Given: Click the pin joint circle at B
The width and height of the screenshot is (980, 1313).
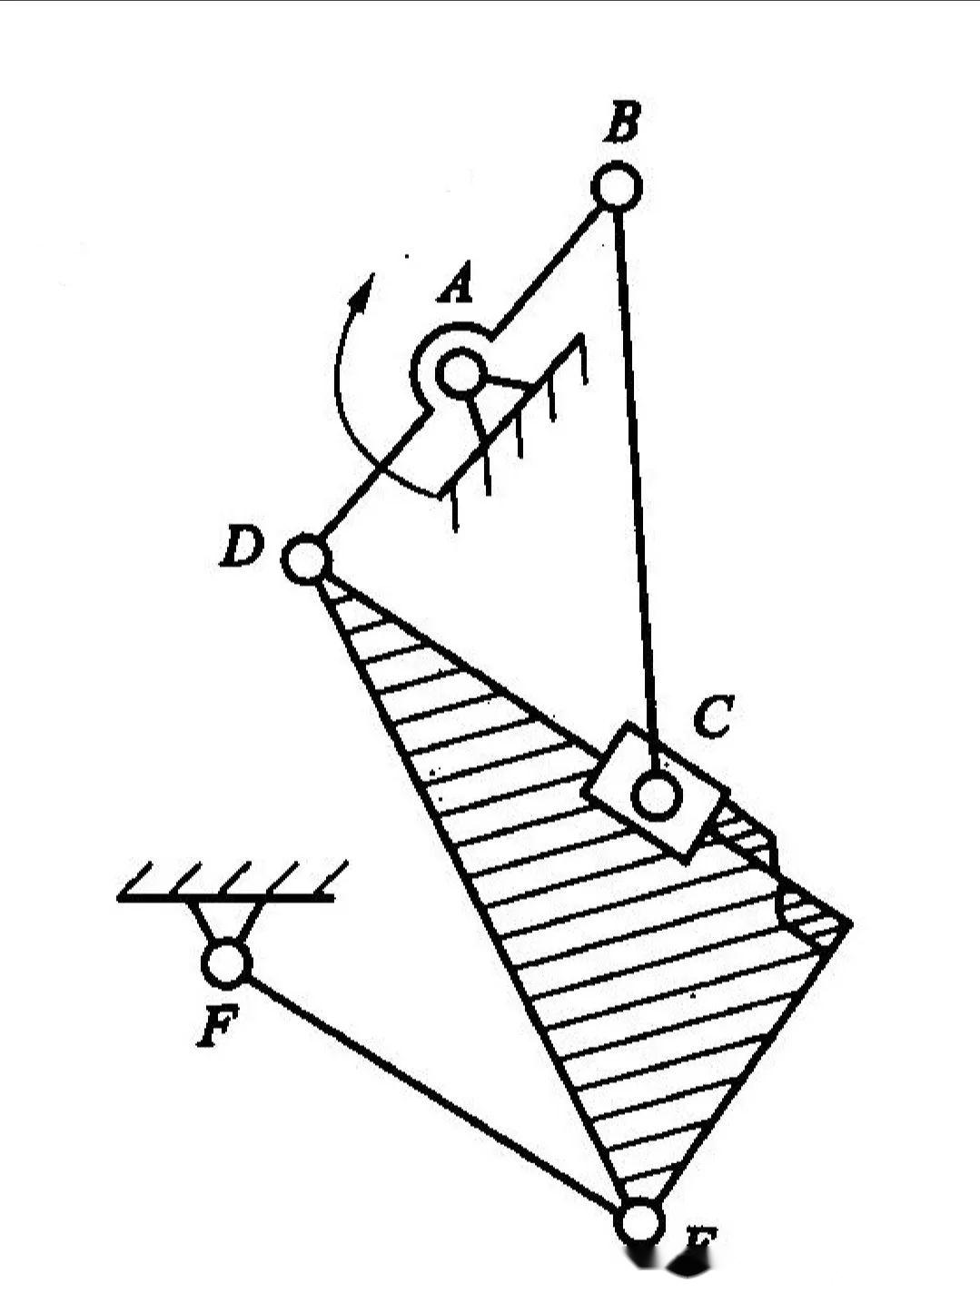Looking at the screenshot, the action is point(616,187).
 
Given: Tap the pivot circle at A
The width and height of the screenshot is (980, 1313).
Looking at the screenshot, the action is point(460,372).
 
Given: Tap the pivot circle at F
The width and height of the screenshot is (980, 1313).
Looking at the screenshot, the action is point(225,963).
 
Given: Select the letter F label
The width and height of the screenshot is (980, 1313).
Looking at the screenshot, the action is point(218,1026).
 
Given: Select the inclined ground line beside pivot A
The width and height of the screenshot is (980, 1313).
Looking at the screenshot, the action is point(513,413).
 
